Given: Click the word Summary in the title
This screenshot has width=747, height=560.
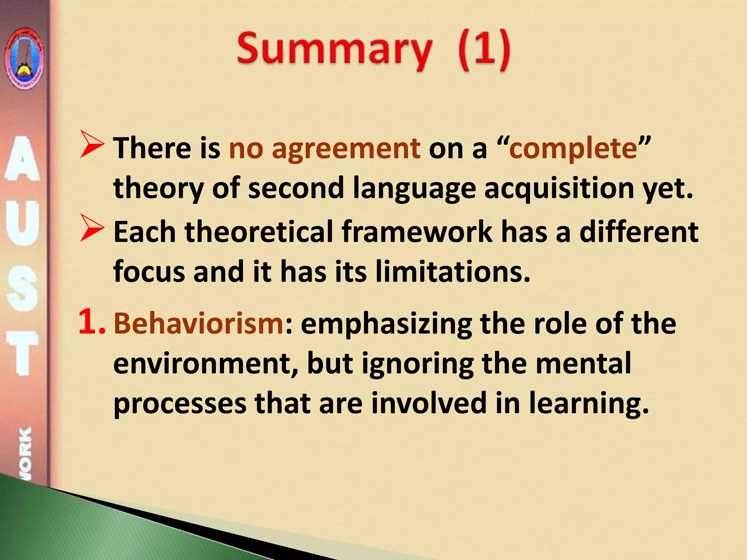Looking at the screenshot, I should click(x=334, y=50).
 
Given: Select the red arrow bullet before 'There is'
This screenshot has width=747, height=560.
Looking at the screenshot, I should click(x=92, y=145).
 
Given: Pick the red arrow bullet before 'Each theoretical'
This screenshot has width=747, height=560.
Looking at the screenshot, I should click(x=92, y=228).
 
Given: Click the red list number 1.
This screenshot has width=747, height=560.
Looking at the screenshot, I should click(x=91, y=322).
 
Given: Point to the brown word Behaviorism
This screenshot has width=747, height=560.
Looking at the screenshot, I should click(x=199, y=323).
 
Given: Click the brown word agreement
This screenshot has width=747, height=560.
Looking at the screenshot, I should click(x=346, y=148).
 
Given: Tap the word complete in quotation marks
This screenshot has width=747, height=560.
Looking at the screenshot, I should click(x=573, y=148).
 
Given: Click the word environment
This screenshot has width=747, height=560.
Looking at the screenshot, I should click(x=206, y=363).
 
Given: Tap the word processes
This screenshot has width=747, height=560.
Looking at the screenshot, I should click(x=180, y=403).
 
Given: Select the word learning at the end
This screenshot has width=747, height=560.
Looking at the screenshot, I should click(x=589, y=404).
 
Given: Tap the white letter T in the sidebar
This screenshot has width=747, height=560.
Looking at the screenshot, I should click(x=23, y=353).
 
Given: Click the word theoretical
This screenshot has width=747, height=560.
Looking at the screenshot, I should click(x=259, y=232).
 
